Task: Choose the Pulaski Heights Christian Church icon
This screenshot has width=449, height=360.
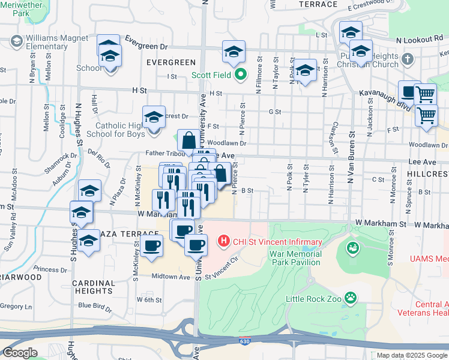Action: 408,59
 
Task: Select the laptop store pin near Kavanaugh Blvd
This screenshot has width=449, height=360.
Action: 409,92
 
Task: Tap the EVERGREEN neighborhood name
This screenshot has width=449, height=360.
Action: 170,62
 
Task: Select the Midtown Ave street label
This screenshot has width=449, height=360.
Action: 170,276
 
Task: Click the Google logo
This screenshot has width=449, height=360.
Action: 20,352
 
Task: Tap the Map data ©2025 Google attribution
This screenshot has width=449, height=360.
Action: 411,355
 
